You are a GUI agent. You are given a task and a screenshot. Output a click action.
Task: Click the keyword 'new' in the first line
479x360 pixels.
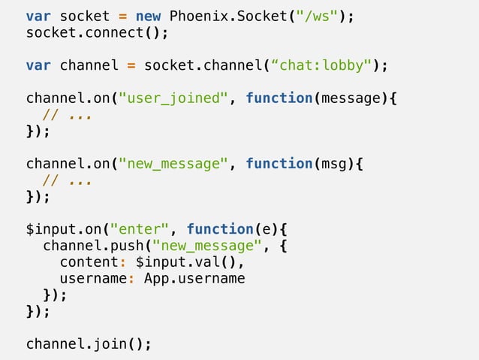coord(148,16)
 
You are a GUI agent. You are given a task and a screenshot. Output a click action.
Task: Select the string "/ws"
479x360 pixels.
coord(317,16)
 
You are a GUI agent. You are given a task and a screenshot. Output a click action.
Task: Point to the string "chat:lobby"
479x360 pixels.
coord(325,65)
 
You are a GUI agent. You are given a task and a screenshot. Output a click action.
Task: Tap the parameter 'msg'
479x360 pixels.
coord(333,164)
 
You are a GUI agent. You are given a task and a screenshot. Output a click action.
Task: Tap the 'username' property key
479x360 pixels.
coord(93,279)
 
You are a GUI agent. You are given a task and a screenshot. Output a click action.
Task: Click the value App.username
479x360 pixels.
coord(194,279)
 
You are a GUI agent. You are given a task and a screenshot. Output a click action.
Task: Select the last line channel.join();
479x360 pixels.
coord(89,344)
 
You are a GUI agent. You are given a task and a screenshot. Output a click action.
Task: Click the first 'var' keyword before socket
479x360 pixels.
coord(38,16)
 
